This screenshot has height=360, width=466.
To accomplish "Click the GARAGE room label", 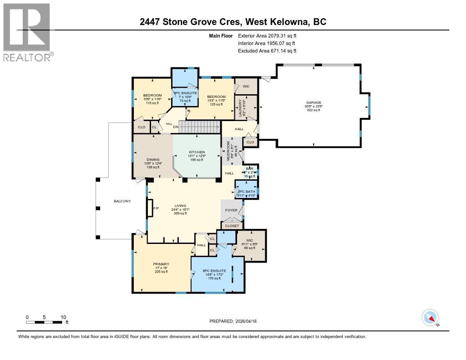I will tap(313, 103).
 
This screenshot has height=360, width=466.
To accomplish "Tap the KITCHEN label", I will tap(197, 152).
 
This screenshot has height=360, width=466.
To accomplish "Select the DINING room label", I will tap(152, 159).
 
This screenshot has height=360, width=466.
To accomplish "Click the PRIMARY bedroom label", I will tap(161, 264).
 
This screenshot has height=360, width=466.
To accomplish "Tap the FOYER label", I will tap(231, 210).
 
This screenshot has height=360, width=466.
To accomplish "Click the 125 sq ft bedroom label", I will tap(216, 96).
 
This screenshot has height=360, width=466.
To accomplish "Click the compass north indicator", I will tap(430, 318).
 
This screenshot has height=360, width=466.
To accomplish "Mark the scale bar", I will tap(45, 322).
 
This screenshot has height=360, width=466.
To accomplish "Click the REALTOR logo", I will tap(28, 32).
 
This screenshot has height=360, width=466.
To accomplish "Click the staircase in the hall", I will tap(199, 127).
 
